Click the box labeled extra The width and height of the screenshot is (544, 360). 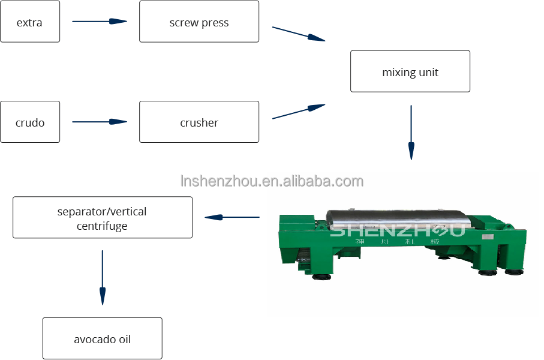[30, 22]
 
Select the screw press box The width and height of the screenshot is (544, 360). [199, 22]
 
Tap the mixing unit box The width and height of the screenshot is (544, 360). [410, 71]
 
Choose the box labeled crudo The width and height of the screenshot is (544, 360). [30, 122]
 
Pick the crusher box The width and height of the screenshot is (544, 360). [199, 122]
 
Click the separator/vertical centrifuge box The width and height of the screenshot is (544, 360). [103, 217]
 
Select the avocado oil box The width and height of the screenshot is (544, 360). [103, 338]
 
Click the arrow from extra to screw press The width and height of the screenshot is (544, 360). [100, 22]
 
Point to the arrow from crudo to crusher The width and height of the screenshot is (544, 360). [100, 122]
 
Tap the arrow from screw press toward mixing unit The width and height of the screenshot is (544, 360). [299, 34]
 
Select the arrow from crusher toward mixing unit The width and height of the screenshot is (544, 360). [299, 112]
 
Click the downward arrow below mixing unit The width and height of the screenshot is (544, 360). [411, 133]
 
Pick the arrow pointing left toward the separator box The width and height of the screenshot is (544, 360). [232, 217]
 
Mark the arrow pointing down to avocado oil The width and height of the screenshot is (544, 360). [103, 277]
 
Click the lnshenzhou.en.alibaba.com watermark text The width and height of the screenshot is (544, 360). [272, 181]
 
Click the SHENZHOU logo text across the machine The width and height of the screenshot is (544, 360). [397, 230]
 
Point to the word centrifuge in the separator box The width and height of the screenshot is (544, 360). [102, 226]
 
